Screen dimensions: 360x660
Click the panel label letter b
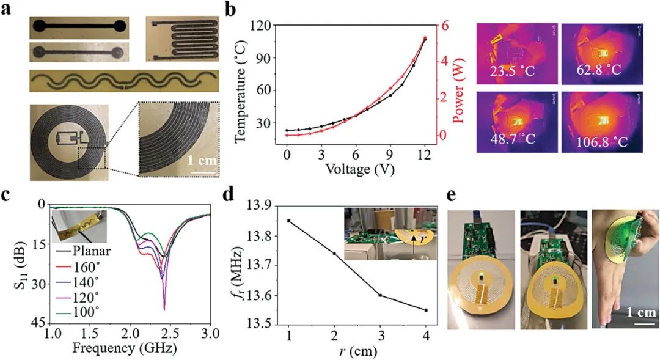(x=233, y=10)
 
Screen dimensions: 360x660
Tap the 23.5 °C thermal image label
(x=511, y=71)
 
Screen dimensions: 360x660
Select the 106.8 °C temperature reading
(x=599, y=142)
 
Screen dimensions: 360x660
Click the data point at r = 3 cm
(x=380, y=295)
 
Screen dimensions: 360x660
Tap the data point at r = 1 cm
(x=288, y=221)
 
